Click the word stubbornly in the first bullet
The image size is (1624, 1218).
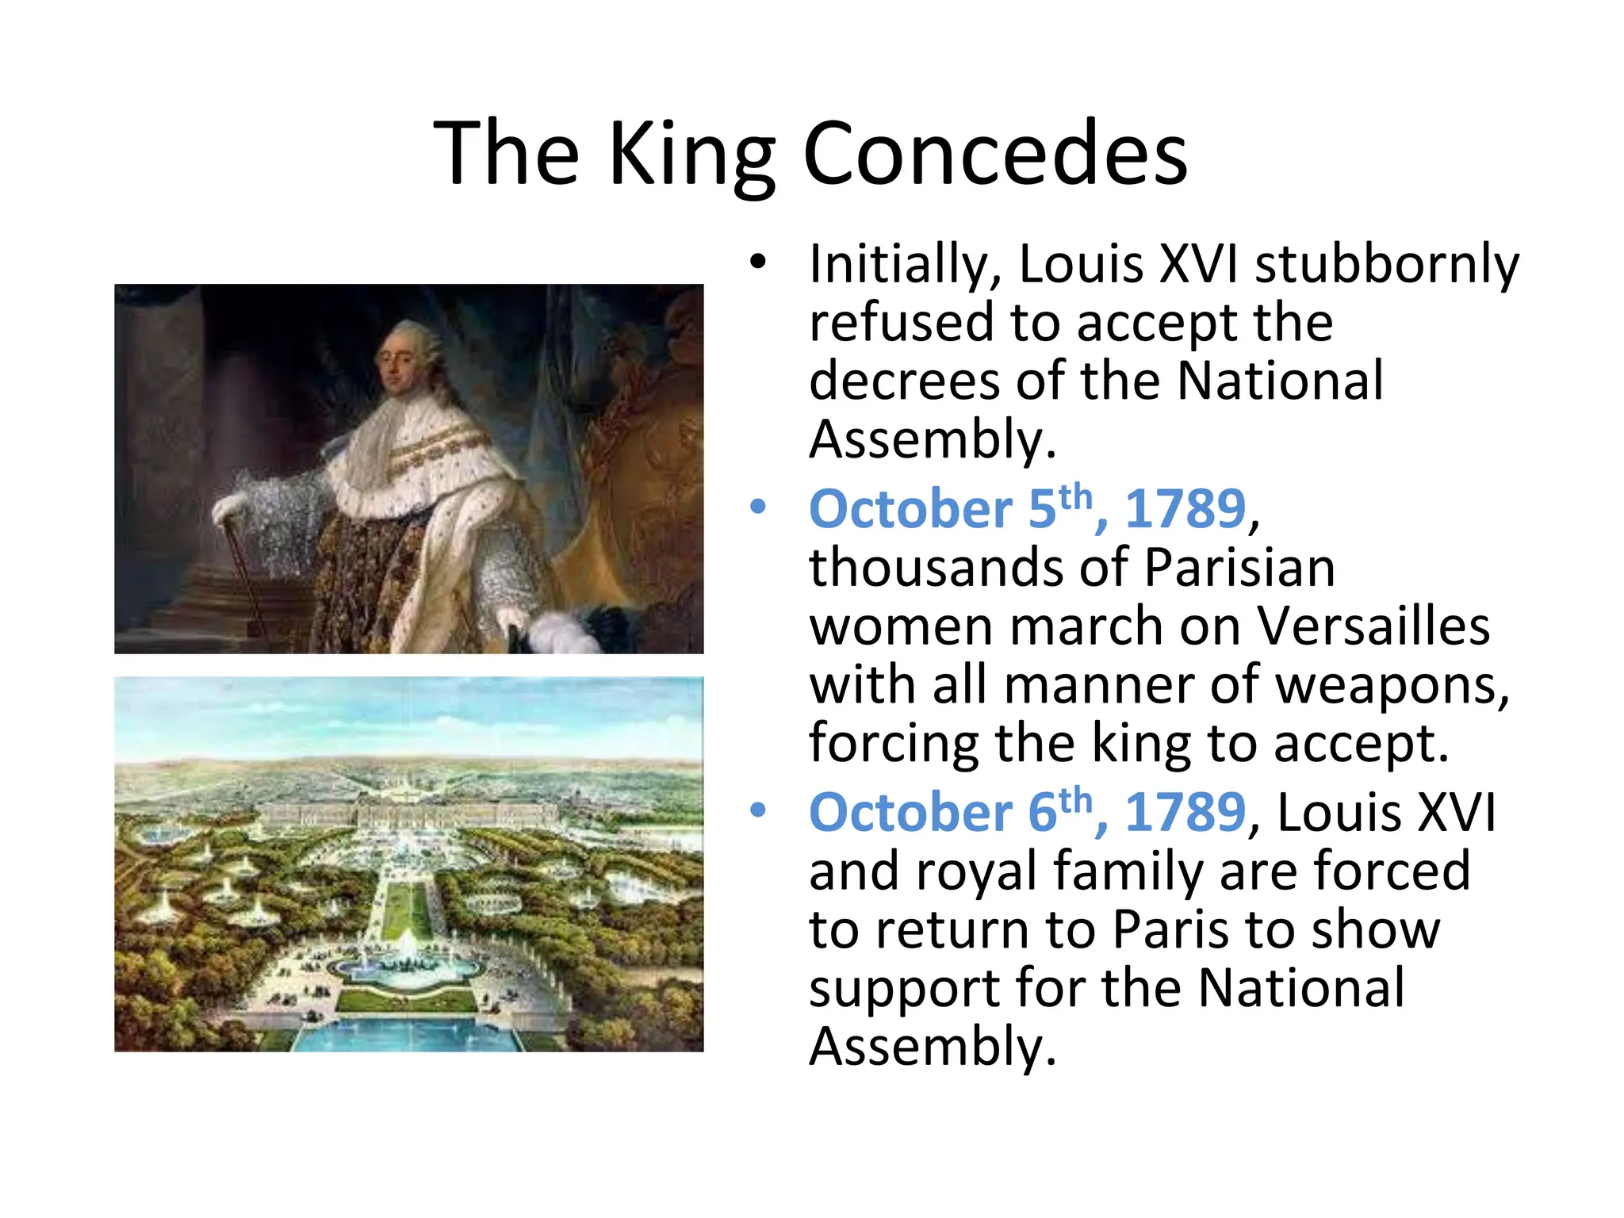click(1387, 263)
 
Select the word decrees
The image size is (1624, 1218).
click(904, 381)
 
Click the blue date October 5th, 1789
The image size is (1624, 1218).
click(1028, 507)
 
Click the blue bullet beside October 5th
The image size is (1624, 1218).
click(758, 507)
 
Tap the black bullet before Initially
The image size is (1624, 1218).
click(758, 262)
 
